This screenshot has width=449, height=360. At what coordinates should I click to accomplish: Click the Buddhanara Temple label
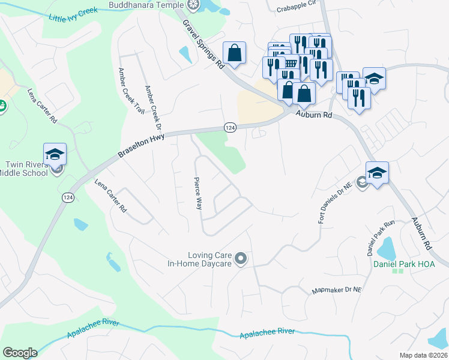point(146,5)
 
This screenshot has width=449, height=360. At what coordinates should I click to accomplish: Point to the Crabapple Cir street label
point(296,9)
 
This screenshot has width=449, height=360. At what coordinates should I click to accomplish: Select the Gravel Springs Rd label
point(203,44)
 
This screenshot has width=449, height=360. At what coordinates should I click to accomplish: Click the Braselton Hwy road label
point(141,146)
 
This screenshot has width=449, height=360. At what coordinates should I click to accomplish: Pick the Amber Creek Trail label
point(131,91)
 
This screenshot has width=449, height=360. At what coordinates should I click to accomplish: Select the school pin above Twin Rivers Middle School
point(55,155)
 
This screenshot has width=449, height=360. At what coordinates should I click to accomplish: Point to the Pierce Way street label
point(197,193)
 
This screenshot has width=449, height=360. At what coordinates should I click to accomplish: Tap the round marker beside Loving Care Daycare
point(241,259)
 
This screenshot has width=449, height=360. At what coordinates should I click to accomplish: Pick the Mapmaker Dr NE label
point(337,290)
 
